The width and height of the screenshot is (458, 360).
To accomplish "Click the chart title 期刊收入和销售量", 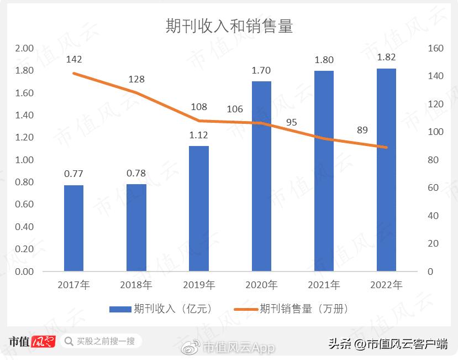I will click(229, 26).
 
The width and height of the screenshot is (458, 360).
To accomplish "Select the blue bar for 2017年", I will click(73, 228).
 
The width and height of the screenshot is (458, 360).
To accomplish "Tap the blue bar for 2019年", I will click(199, 208).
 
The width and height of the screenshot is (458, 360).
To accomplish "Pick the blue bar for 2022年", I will click(386, 170).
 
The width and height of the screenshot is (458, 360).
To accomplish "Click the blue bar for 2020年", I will click(261, 176).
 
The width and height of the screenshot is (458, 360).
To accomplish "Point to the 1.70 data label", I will click(261, 70).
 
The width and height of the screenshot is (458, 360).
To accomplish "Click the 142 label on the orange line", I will click(74, 60).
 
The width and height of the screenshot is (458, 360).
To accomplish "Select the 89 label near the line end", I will click(362, 131).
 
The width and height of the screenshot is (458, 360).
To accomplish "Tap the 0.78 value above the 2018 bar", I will click(136, 173).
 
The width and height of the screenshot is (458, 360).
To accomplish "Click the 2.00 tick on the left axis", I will click(24, 49).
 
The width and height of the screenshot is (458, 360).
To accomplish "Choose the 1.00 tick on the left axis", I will click(24, 160).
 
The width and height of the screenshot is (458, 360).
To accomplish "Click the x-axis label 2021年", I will click(324, 285).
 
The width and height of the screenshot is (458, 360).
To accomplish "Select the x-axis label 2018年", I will click(136, 285).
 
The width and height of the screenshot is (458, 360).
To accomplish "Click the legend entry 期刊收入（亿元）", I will click(160, 309).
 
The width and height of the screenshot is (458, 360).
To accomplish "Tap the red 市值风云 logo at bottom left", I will click(32, 341).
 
